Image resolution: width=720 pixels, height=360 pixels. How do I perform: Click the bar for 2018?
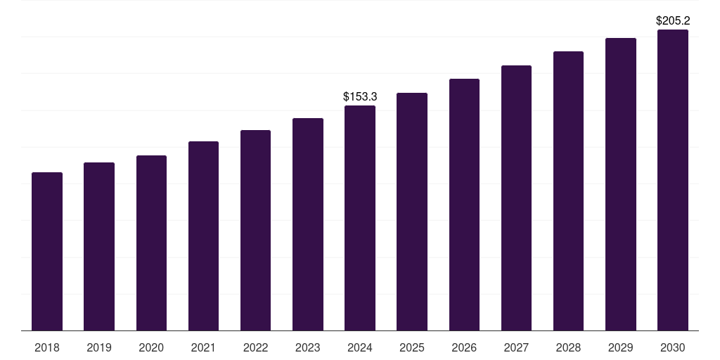point(47,252)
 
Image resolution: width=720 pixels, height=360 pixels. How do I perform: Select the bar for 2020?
point(151,243)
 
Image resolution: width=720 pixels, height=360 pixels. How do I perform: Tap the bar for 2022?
point(255,231)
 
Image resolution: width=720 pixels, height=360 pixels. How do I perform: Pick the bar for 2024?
point(360,218)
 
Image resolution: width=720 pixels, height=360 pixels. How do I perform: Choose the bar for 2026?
point(464,205)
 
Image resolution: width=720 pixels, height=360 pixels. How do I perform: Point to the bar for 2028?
point(568,191)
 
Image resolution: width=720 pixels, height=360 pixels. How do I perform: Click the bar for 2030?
point(673,180)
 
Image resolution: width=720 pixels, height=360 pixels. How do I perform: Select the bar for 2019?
point(99,247)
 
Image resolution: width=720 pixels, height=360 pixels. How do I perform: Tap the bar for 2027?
point(516,198)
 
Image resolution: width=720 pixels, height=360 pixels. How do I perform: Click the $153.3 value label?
point(360,96)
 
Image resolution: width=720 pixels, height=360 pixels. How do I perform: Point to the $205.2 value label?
point(673,21)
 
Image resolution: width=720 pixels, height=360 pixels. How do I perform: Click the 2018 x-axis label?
point(47,347)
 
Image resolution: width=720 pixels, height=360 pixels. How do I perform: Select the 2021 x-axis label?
point(203,347)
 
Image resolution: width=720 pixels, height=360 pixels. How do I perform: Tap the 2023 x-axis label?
point(308,347)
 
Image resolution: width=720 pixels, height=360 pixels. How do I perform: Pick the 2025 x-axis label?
point(412,347)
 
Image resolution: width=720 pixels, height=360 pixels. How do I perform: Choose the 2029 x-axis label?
point(621,347)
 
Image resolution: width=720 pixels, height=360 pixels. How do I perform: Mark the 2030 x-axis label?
point(673,347)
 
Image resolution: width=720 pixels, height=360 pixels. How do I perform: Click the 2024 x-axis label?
point(360,347)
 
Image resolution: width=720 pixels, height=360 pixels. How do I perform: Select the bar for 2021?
point(203,236)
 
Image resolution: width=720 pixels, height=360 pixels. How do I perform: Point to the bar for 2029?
point(621,184)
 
